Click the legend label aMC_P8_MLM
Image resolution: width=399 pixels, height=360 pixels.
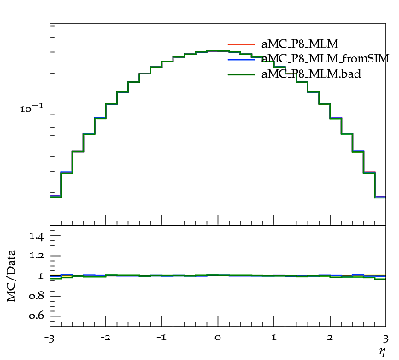[x=300, y=44]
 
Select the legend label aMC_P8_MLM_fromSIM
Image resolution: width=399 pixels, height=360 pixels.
[x=326, y=59]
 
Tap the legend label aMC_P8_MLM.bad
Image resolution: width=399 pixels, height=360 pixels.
[x=311, y=74]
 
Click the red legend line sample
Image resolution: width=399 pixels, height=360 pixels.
[x=242, y=44]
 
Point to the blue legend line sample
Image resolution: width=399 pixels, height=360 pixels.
[x=242, y=60]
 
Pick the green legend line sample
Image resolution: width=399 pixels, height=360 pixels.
[x=242, y=74]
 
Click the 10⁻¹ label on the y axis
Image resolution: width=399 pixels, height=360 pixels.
[x=32, y=109]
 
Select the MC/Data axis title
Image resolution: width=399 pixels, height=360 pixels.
[x=11, y=275]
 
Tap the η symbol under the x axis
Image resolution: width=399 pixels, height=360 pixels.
[x=383, y=351]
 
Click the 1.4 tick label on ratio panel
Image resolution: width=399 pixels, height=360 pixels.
[x=36, y=236]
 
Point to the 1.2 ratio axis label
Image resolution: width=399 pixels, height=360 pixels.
[x=36, y=256]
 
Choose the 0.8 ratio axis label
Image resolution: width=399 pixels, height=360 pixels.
[x=36, y=296]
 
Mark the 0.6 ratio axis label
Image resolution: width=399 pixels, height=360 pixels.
[x=36, y=316]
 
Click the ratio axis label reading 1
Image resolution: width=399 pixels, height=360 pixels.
[x=40, y=276]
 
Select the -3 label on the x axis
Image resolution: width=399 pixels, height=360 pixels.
[x=50, y=339]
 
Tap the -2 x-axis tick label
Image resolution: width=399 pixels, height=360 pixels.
[x=105, y=338]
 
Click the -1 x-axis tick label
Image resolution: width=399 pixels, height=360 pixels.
[x=161, y=338]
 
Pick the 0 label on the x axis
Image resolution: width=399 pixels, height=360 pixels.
[x=218, y=338]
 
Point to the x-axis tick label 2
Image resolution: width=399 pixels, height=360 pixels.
[x=331, y=338]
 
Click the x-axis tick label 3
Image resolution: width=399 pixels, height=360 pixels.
[x=386, y=339]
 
